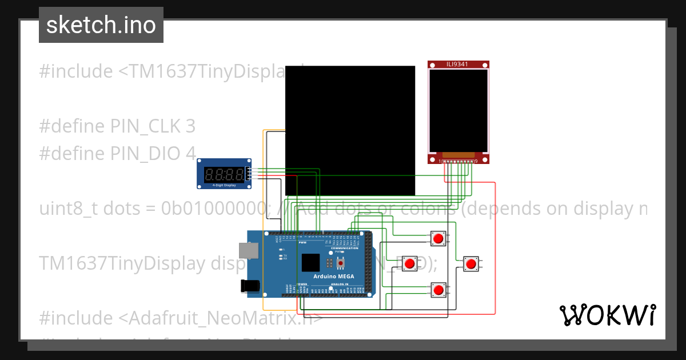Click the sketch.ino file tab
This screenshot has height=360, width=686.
tap(101, 25)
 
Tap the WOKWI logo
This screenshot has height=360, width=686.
tap(607, 315)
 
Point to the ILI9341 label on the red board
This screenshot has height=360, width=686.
tap(457, 64)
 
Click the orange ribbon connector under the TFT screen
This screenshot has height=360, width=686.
tap(458, 155)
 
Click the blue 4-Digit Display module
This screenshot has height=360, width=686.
tap(224, 174)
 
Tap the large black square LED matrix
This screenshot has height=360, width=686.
tap(350, 130)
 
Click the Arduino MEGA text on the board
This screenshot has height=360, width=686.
tap(334, 277)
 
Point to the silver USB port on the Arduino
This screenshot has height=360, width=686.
tap(249, 250)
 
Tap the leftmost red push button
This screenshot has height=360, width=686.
tap(410, 263)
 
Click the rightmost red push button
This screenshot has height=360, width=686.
tap(470, 263)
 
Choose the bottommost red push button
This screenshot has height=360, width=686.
tap(438, 290)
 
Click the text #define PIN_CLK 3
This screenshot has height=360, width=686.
tap(117, 126)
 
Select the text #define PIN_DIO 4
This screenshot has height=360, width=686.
tap(117, 153)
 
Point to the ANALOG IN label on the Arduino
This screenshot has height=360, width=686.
tap(341, 284)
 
